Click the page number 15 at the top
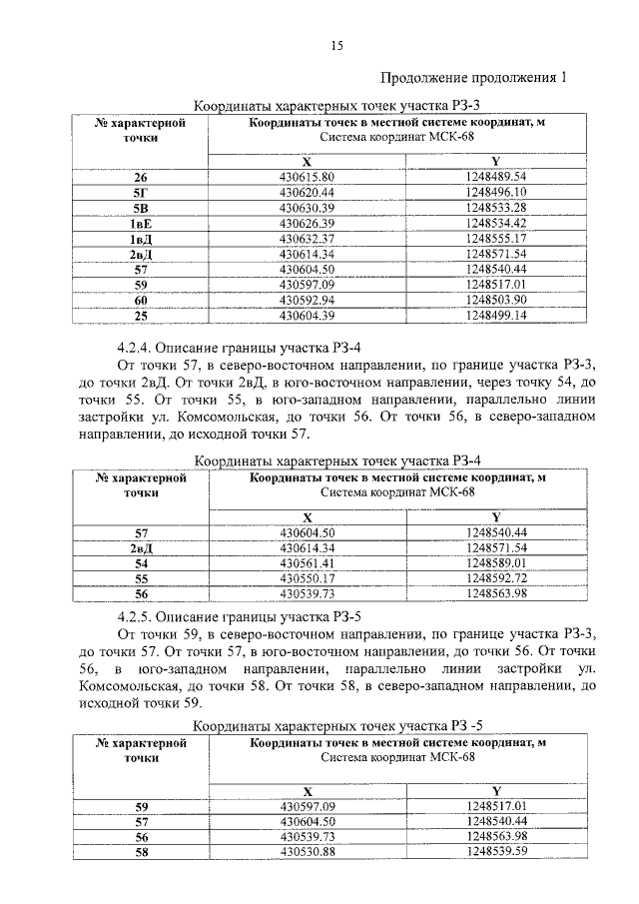[336, 46]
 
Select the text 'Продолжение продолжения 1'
[473, 78]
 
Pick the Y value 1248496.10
[495, 192]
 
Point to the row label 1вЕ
[141, 223]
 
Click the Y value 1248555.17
[495, 239]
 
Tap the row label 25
[141, 316]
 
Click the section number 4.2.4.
[137, 349]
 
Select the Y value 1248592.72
[495, 578]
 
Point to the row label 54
[141, 563]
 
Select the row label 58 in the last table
[141, 852]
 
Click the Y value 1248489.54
[495, 177]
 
